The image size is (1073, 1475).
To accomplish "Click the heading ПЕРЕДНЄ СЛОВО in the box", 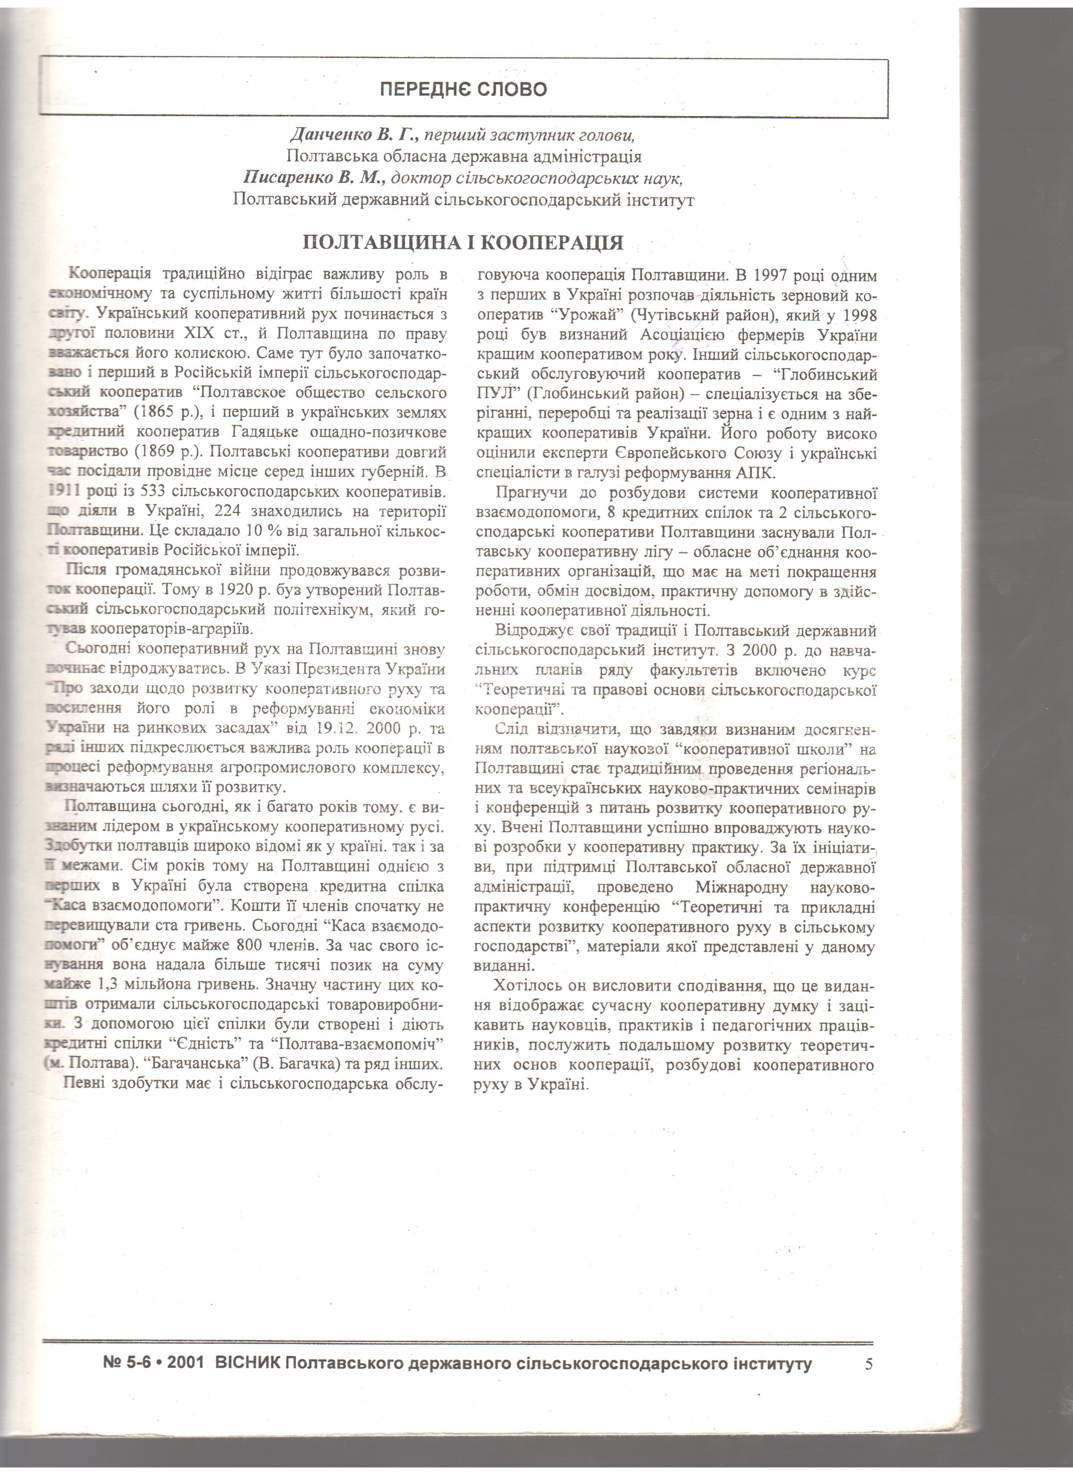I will (x=463, y=89).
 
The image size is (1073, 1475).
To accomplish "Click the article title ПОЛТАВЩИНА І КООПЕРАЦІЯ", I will (x=463, y=243).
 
